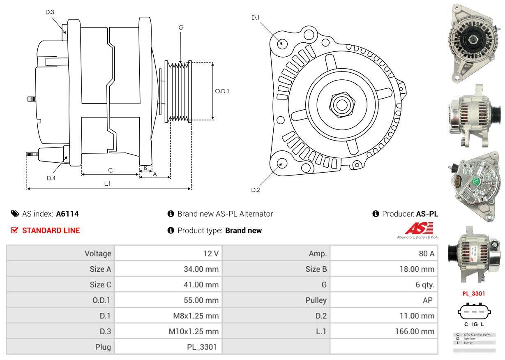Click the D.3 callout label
pyautogui.click(x=50, y=12)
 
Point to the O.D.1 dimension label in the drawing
pyautogui.click(x=222, y=91)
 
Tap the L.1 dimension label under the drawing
pyautogui.click(x=107, y=184)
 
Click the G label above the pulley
pyautogui.click(x=181, y=28)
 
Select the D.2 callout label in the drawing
pyautogui.click(x=256, y=190)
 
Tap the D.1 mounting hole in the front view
pyautogui.click(x=282, y=43)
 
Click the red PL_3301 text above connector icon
pyautogui.click(x=474, y=293)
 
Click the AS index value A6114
pyautogui.click(x=67, y=214)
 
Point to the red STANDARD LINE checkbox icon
pyautogui.click(x=14, y=230)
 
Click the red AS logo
pyautogui.click(x=419, y=228)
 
